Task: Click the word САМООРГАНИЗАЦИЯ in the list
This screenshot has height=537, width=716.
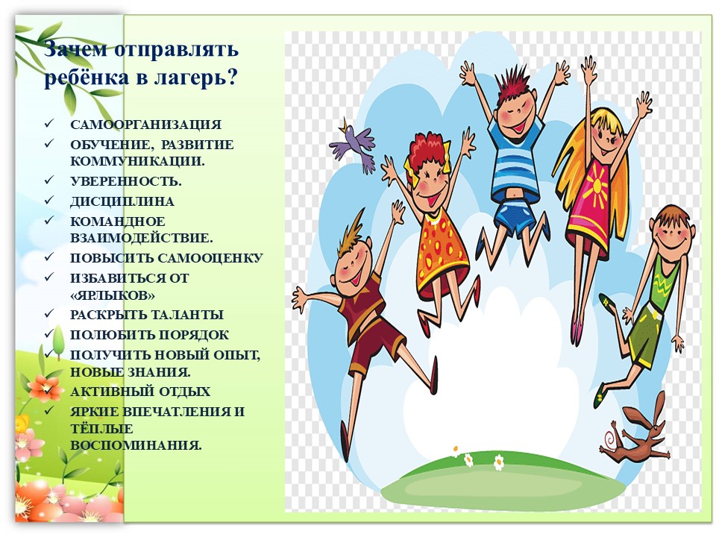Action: coord(145,125)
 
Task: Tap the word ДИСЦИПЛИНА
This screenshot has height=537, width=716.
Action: coord(122,201)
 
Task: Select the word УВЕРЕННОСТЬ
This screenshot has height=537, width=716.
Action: coord(125,181)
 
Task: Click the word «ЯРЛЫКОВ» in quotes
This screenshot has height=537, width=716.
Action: coord(113,295)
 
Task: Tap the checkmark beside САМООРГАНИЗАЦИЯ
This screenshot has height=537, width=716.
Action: coord(49,123)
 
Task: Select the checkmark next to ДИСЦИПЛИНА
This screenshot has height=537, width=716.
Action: coord(49,200)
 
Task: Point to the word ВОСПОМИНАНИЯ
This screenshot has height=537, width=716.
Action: coord(136,445)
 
